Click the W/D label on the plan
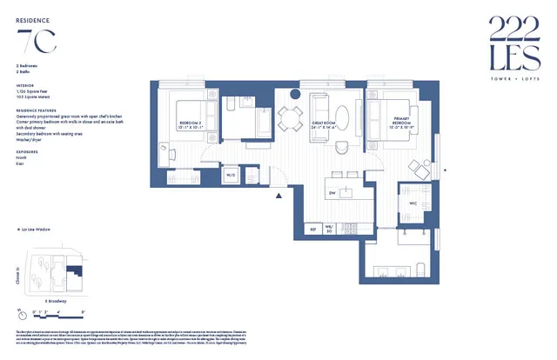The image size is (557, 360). pos(231,175)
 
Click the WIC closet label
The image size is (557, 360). pos(413,205)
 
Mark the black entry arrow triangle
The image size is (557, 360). pos(278,197)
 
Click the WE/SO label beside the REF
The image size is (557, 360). pos(330,230)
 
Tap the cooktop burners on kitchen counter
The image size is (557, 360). pos(351,229)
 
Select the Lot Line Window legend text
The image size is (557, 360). pos(36,230)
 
